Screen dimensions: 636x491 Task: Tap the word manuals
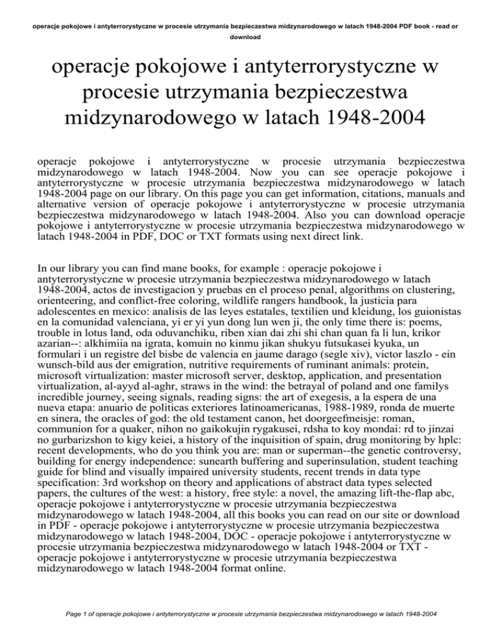(x=403, y=196)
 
